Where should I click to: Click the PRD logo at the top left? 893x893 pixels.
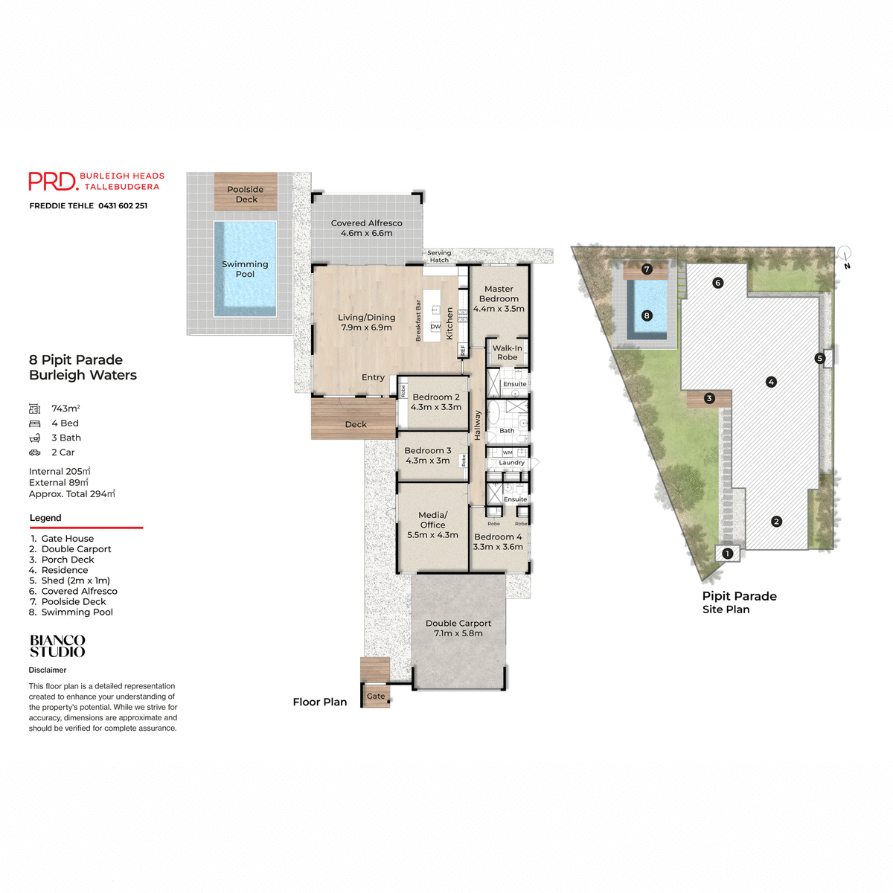click(x=53, y=182)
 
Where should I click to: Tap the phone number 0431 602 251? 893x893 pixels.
click(x=123, y=206)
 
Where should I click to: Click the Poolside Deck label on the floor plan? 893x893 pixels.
click(x=246, y=194)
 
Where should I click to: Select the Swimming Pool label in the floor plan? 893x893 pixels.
click(x=245, y=269)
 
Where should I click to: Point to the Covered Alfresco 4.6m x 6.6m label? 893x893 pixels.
click(x=366, y=228)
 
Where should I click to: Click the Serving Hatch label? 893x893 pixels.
click(x=439, y=256)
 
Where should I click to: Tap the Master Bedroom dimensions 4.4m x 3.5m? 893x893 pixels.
click(x=499, y=309)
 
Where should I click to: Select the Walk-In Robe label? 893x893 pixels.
click(x=507, y=353)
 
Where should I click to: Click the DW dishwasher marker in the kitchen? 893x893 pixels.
click(x=435, y=327)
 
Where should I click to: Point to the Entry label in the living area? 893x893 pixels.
click(x=373, y=377)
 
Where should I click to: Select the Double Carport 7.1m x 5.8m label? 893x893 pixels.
click(x=458, y=628)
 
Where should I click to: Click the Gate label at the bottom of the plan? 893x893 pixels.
click(x=376, y=697)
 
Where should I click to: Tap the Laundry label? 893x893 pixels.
click(x=511, y=463)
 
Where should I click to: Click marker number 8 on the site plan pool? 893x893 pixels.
click(x=647, y=316)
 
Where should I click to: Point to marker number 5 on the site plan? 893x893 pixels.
click(x=820, y=358)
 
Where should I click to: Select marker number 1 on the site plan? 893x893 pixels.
click(x=728, y=553)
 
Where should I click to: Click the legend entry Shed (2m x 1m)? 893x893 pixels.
click(x=75, y=580)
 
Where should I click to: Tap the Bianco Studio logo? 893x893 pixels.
click(x=57, y=646)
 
